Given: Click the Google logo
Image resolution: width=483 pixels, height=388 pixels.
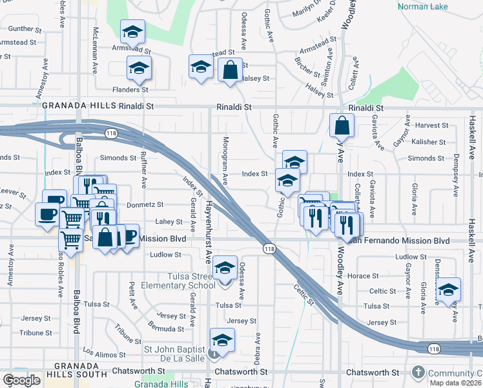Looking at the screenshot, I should click(x=21, y=380).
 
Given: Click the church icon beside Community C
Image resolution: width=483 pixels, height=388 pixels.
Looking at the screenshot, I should click(x=418, y=372).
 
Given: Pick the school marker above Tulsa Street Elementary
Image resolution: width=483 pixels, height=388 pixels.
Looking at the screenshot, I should click(x=225, y=268).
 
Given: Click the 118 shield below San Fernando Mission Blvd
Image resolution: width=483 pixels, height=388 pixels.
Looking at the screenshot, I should click(x=270, y=248).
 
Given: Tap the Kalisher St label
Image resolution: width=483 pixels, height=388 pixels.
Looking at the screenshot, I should click(x=429, y=142).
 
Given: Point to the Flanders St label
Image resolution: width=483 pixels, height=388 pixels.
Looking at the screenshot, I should click(x=132, y=90).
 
